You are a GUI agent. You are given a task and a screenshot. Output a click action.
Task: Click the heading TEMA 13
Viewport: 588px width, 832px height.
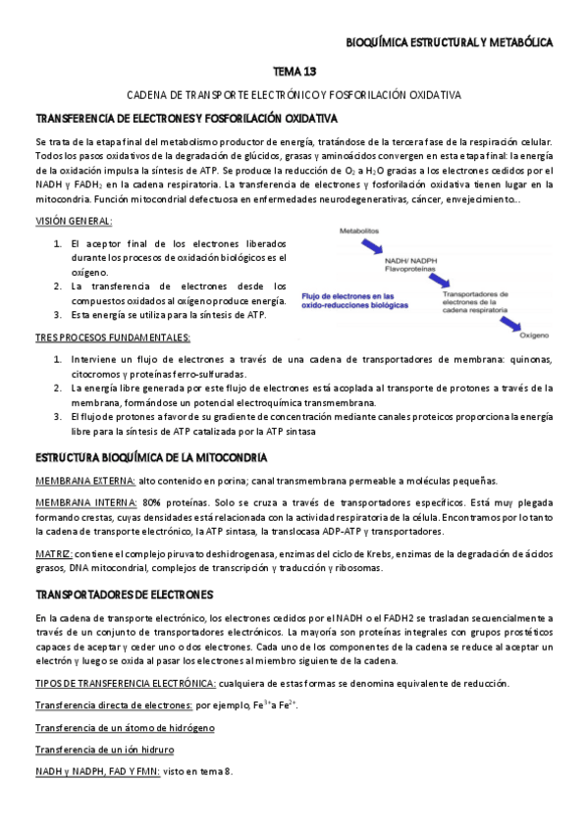(x=294, y=73)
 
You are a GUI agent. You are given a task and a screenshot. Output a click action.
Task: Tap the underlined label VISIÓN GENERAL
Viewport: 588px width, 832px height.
(x=73, y=223)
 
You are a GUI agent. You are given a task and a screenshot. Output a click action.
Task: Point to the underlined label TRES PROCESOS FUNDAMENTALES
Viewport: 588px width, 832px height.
(x=113, y=338)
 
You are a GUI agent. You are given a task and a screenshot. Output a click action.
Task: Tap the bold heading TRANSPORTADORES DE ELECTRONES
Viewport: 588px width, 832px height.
(x=124, y=595)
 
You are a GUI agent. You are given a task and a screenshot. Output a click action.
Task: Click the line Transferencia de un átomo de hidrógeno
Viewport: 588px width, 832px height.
(x=125, y=728)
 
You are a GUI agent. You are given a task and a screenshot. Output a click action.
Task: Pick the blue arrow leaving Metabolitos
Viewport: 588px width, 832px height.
(x=370, y=245)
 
